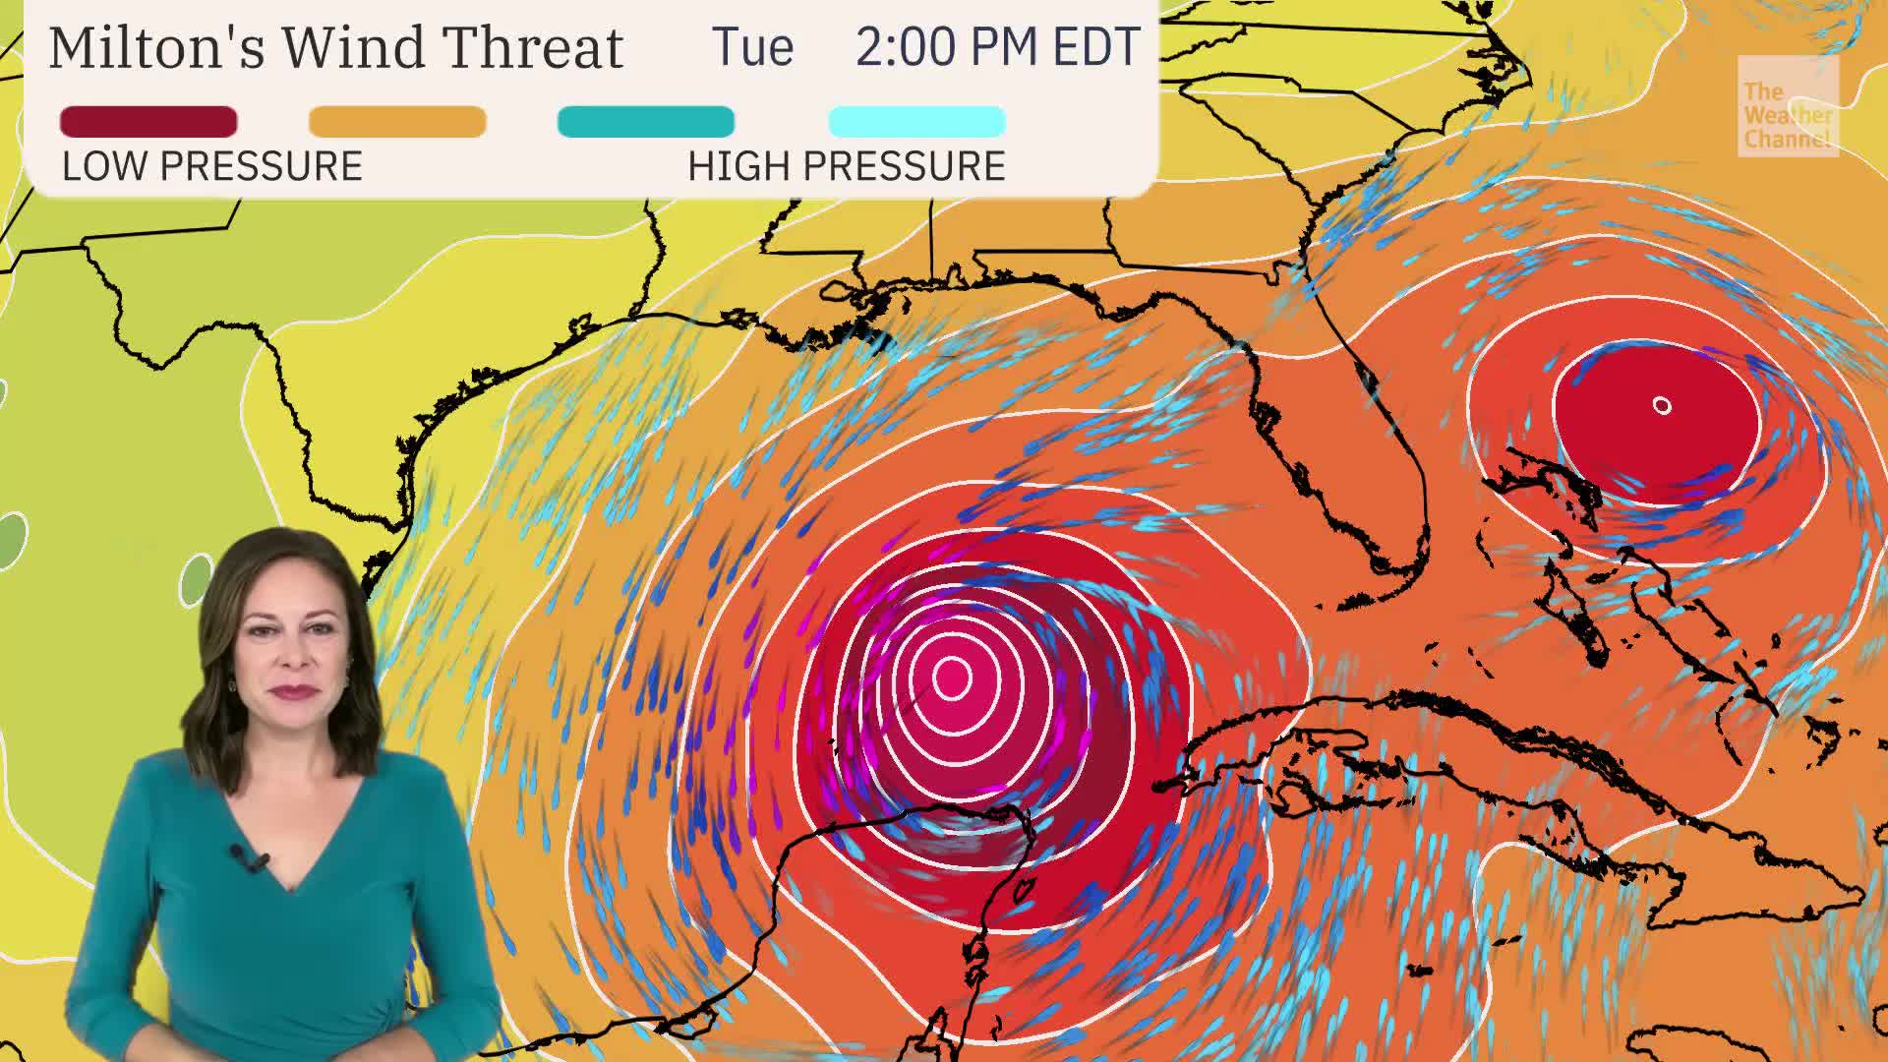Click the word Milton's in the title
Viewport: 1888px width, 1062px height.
tap(156, 47)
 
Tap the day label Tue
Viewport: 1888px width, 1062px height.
tap(752, 47)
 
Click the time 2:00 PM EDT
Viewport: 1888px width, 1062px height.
tap(997, 47)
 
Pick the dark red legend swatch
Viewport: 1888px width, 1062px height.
tap(148, 122)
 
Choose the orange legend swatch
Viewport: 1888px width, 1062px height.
tap(397, 122)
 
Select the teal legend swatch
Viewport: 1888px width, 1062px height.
tap(646, 122)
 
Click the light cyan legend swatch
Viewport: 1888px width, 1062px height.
tap(917, 122)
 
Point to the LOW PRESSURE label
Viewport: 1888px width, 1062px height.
tap(212, 167)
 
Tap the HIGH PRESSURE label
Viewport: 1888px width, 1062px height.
tap(847, 167)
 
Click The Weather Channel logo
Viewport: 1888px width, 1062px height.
tap(1787, 106)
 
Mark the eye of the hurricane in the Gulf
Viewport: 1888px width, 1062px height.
tap(951, 677)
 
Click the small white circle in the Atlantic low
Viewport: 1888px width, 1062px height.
tap(1662, 405)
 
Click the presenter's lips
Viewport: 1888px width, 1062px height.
tap(294, 691)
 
